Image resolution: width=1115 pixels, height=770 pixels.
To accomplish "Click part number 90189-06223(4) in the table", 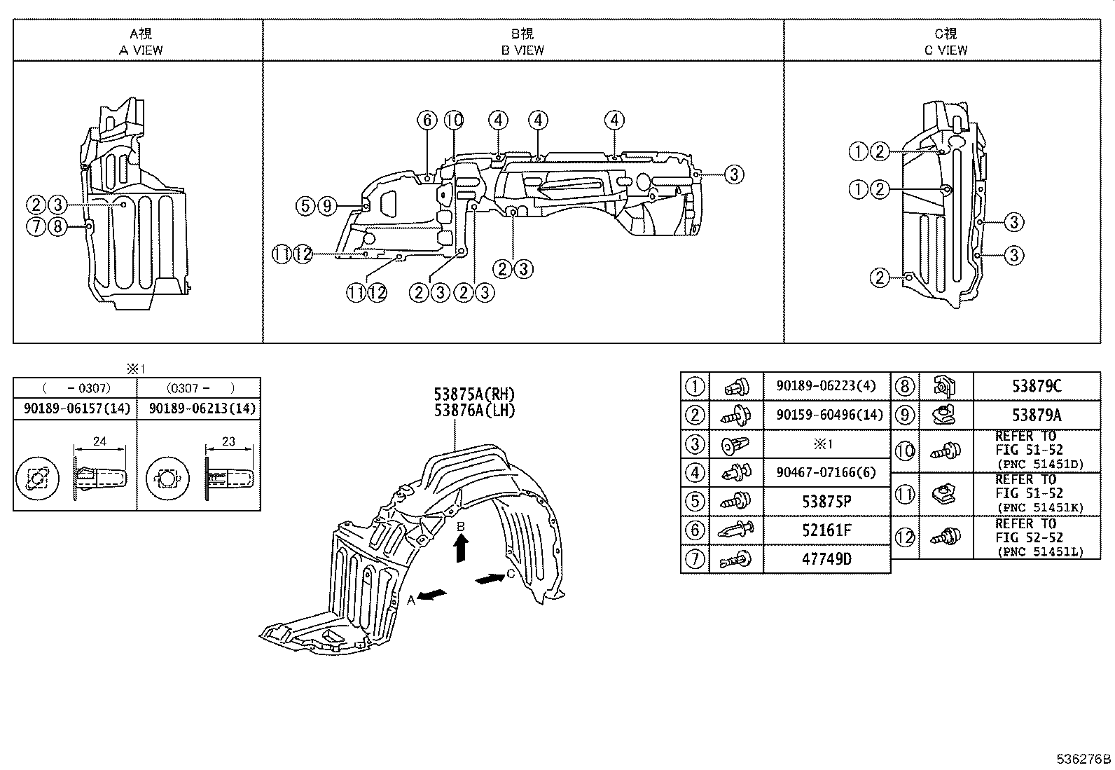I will [x=826, y=386].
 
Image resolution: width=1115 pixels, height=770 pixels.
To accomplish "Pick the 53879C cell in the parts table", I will [x=1036, y=386].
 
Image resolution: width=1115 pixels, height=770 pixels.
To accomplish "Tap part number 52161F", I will [x=826, y=530].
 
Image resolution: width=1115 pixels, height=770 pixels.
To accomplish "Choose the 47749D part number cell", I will [x=826, y=559].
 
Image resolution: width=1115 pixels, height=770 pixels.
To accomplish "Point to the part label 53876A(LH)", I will [x=474, y=411].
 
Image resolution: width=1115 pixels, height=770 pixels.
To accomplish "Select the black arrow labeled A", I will [x=434, y=595].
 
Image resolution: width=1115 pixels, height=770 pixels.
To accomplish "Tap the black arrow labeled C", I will [x=490, y=578].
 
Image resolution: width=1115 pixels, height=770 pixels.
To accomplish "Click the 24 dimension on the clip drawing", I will [x=99, y=441].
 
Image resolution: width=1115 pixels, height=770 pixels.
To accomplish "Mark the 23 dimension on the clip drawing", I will [x=228, y=441].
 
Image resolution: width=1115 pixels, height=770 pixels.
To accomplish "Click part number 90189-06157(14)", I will [x=76, y=408].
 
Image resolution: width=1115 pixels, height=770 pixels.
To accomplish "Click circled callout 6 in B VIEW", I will [x=427, y=121].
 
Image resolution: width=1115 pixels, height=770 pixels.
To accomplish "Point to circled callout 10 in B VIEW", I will [x=454, y=121].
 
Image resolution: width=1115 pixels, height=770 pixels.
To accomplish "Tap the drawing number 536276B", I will [x=1083, y=759].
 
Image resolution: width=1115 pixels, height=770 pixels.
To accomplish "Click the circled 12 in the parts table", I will [x=905, y=537].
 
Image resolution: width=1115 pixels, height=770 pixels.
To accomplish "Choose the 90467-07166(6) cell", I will [x=826, y=473].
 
